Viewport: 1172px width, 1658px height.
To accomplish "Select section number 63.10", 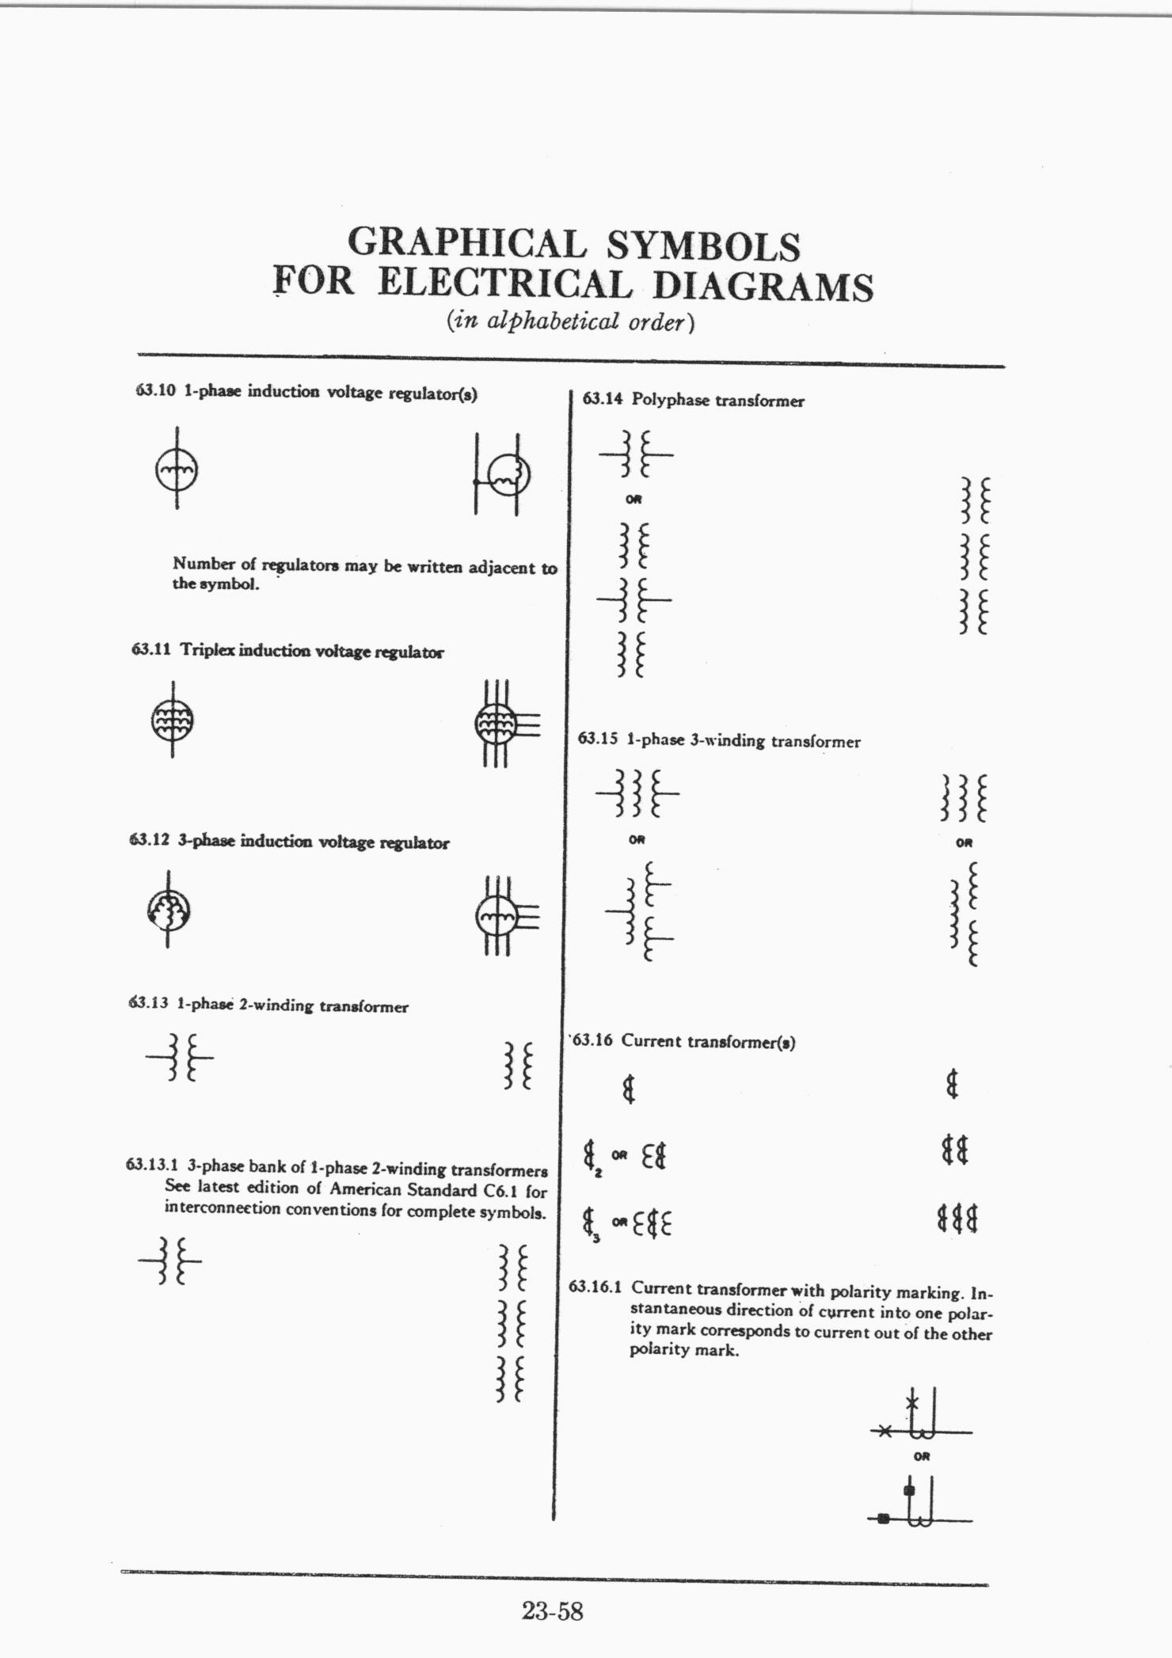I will point(155,391).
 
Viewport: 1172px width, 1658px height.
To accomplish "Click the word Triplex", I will point(207,650).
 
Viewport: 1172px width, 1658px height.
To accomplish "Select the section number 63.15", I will point(597,740).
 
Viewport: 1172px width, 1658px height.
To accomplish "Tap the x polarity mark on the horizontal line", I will point(886,1431).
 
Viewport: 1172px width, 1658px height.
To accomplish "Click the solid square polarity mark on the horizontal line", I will point(884,1518).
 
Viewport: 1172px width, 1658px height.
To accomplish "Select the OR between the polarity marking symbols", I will point(921,1456).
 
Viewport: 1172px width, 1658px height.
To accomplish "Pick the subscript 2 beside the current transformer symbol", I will point(599,1173).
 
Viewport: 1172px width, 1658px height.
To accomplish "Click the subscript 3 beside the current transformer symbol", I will point(596,1239).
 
